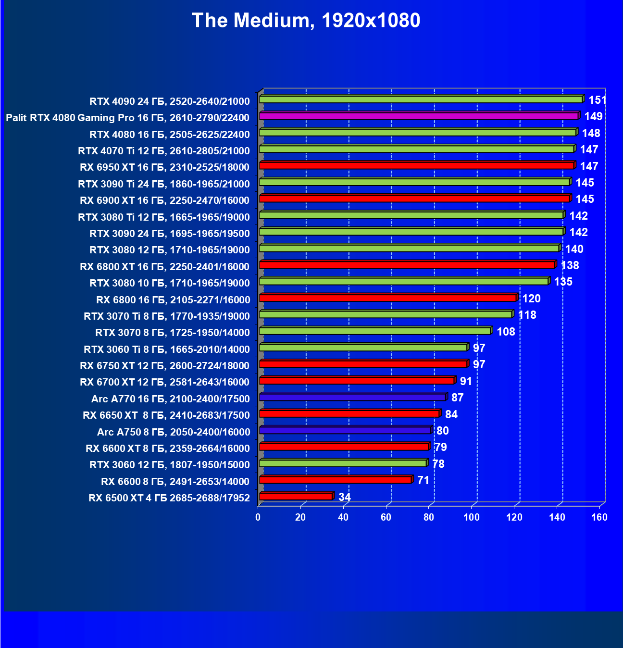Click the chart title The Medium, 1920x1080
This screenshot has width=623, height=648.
pos(306,21)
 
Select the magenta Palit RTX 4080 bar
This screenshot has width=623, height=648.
pos(418,116)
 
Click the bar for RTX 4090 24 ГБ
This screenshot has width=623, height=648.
pos(421,100)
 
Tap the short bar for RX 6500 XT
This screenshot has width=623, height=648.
pos(296,496)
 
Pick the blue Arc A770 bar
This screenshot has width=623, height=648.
pos(352,397)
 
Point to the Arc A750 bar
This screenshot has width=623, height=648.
pos(345,430)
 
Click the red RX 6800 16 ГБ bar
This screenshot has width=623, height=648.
pos(387,298)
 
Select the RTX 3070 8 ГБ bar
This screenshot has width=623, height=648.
pos(374,331)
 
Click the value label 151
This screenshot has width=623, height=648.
pos(598,100)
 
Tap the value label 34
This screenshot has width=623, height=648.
pos(345,497)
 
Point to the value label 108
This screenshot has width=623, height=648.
pos(506,332)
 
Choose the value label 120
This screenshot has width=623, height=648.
pos(532,299)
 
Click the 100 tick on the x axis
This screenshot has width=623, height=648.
pos(472,517)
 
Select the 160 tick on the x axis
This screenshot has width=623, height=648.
pos(599,517)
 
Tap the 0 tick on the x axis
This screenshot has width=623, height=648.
pos(258,517)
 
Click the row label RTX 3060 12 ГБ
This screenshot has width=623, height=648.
pos(170,465)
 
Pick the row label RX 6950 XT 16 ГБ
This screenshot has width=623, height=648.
pos(165,167)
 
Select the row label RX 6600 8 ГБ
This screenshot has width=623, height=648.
pos(175,481)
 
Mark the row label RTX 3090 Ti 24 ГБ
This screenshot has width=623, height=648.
pos(164,184)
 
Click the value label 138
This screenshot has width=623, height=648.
pos(570,265)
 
